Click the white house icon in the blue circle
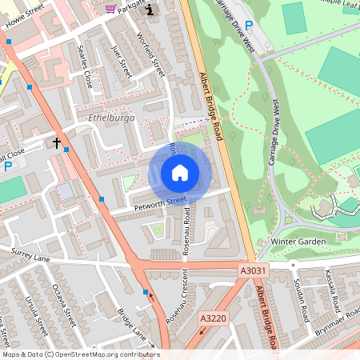tap(180, 172)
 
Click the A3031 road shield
tap(251, 272)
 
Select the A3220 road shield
tap(212, 318)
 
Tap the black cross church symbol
tap(57, 142)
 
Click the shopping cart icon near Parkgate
tap(110, 8)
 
